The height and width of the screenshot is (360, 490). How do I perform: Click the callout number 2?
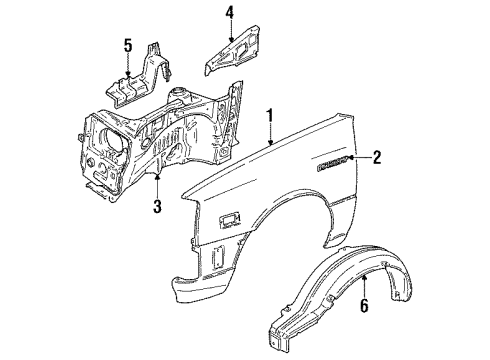tap(377, 155)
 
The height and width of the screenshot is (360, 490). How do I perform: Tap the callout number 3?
tap(157, 207)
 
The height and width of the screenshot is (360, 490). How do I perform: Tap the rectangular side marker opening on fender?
tap(227, 218)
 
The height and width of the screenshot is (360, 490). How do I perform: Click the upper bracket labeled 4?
tap(233, 53)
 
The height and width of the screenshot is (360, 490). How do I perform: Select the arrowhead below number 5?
tap(127, 73)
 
